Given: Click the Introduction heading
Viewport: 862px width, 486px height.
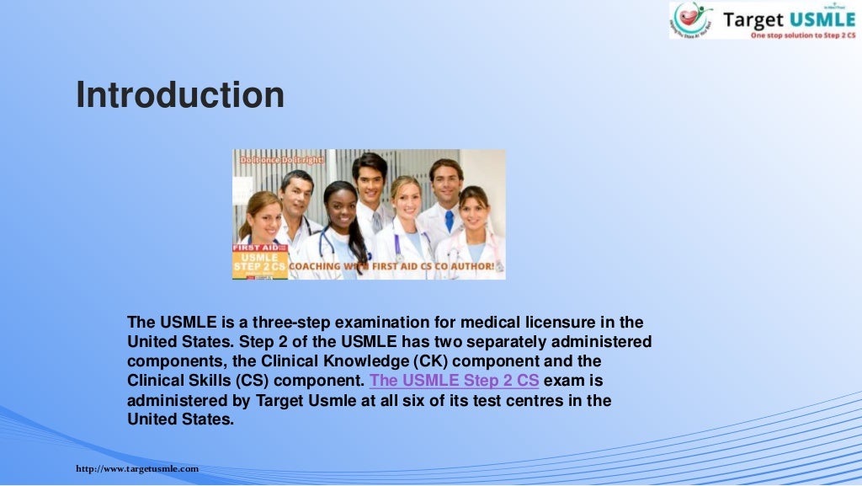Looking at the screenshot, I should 180,95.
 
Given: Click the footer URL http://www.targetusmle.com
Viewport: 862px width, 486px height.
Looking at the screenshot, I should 137,468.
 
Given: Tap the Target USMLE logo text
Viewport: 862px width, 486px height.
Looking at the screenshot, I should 788,19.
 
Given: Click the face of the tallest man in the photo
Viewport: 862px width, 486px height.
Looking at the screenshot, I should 369,177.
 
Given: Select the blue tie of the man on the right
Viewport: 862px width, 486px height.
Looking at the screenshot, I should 449,221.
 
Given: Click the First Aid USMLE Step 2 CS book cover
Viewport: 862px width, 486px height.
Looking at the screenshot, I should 259,261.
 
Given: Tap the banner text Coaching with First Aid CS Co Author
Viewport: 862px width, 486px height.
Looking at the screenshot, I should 396,266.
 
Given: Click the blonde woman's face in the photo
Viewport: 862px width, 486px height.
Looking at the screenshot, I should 405,201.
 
